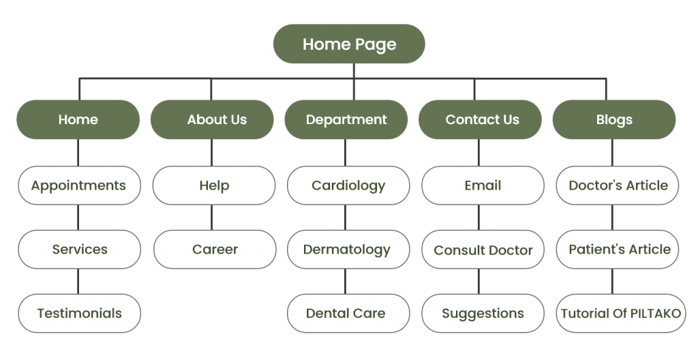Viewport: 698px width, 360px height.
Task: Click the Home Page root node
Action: coord(349,44)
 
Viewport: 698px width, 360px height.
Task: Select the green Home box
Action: coord(78,119)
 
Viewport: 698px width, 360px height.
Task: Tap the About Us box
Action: coord(213,119)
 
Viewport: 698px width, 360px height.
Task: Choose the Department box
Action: coord(346,119)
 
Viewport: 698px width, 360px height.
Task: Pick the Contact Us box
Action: coord(481,119)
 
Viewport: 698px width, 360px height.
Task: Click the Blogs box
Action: coord(613,119)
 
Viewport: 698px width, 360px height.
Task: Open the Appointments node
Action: coord(78,185)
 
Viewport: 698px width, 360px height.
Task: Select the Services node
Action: coord(79,250)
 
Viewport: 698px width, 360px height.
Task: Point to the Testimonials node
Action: coord(79,314)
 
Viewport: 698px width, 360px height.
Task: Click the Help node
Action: coord(213,185)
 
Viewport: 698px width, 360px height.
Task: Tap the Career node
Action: coord(215,250)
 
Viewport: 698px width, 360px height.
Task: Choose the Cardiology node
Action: coord(348,185)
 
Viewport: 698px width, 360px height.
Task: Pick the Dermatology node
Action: coord(346,250)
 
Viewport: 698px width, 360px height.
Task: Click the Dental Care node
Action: coord(346,314)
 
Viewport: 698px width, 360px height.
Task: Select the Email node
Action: coord(482,185)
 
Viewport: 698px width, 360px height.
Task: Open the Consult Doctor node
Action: coord(483,250)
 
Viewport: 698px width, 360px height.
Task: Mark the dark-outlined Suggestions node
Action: coord(483,314)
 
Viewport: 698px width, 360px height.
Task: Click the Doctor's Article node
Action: coord(618,185)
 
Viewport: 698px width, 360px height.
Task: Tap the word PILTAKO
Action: coord(654,314)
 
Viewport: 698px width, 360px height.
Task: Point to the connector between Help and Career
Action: coord(211,217)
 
